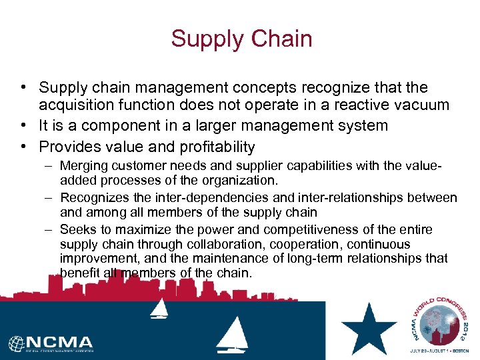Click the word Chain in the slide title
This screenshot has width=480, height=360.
click(281, 39)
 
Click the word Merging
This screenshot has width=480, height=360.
click(83, 165)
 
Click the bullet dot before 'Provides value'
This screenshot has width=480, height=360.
click(23, 147)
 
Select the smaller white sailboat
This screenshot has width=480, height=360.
click(159, 308)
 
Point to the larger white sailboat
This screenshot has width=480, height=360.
click(232, 333)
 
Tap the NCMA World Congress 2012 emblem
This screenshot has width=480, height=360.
click(439, 325)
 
